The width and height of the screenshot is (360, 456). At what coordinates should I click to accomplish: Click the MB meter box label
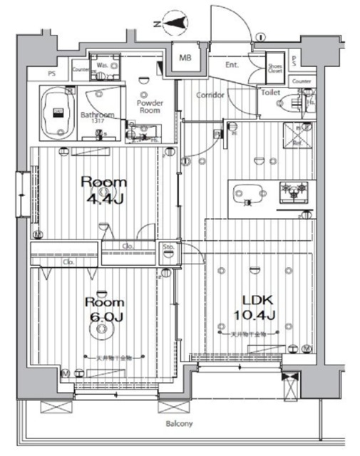(x=185, y=58)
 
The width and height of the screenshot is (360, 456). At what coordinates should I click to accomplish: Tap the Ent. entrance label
(x=232, y=65)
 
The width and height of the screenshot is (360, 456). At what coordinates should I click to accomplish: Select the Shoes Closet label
(x=275, y=68)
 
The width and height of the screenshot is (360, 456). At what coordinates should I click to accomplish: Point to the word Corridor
(x=210, y=95)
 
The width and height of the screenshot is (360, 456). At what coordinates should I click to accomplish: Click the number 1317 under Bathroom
(x=97, y=121)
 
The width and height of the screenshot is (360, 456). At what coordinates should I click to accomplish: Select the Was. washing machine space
(x=103, y=66)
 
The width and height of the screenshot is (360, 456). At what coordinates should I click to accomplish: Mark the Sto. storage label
(x=168, y=249)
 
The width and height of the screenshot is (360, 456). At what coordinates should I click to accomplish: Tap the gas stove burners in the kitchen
(x=294, y=191)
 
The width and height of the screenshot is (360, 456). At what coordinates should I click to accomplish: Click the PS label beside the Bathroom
(x=51, y=72)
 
